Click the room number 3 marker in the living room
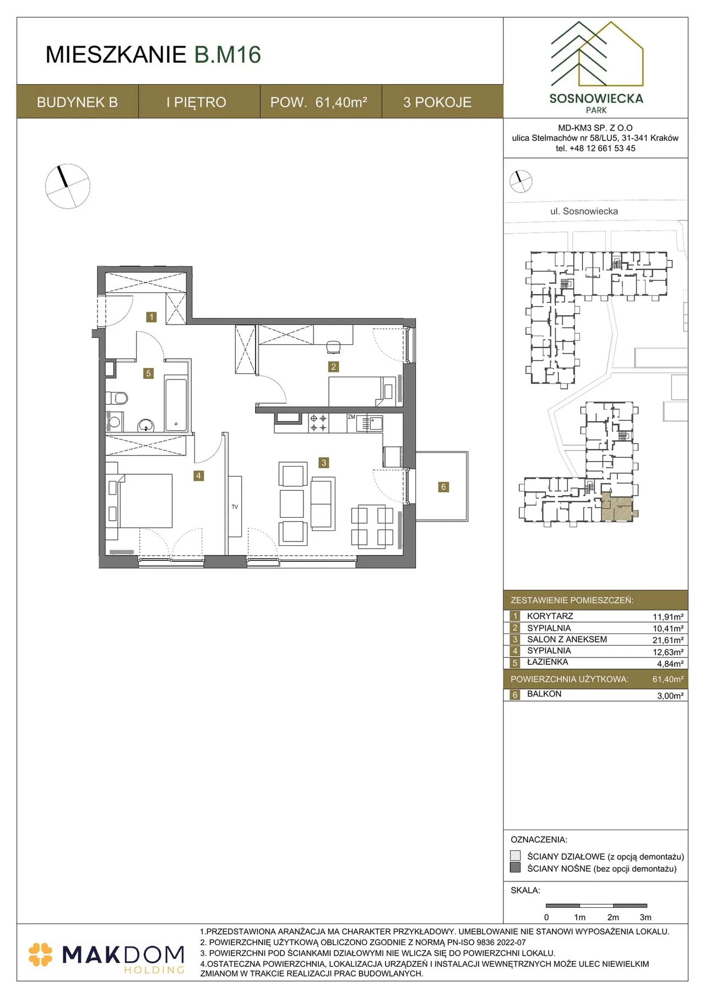pos(324,463)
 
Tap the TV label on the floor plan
pos(235,507)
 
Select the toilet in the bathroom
pos(117,398)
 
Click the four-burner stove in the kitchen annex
pos(318,423)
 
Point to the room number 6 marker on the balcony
pos(443,487)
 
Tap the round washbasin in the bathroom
pos(145,425)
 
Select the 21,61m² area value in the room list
pos(668,640)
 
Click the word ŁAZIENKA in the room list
pos(547,662)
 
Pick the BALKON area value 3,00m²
pos(670,696)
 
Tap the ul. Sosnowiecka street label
pos(584,211)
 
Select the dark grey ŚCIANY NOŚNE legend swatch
pos(516,868)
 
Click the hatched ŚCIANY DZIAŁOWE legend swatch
pos(516,855)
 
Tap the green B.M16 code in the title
pos(227,55)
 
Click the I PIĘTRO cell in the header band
pos(196,102)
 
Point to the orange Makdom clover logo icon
pos(40,955)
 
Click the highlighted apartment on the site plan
pos(616,507)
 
